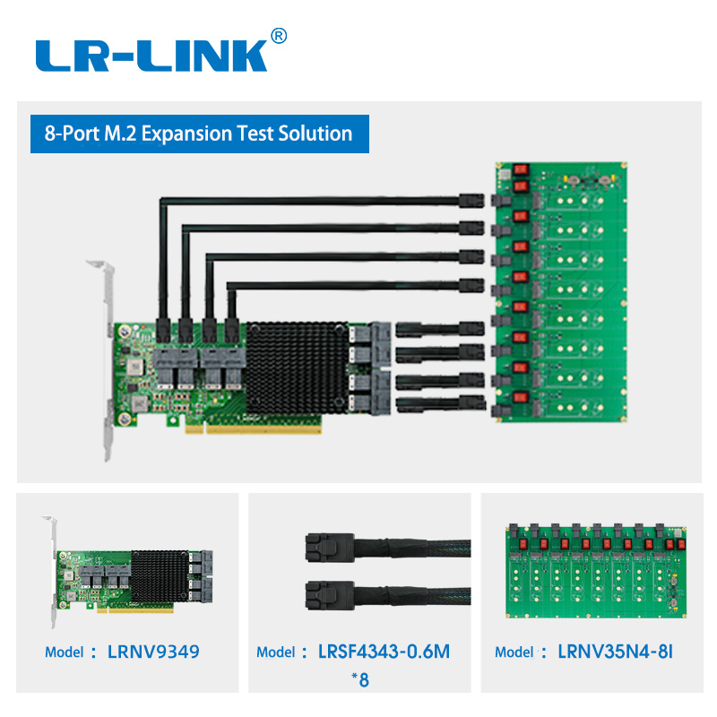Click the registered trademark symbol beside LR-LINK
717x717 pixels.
(279, 36)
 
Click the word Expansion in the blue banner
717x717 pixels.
(187, 134)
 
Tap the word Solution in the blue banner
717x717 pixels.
(315, 133)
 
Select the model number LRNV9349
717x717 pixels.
(153, 652)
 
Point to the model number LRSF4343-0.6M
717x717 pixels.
(384, 652)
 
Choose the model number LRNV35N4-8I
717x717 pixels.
(615, 652)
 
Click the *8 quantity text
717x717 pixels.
(360, 680)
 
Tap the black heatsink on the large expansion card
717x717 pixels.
(298, 367)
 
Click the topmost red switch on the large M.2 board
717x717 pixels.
(521, 169)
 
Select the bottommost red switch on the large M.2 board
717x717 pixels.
(521, 396)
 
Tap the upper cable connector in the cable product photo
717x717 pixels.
(330, 548)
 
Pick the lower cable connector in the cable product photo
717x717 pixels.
(330, 595)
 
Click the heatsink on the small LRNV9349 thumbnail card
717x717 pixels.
(160, 576)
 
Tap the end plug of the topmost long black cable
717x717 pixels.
(471, 201)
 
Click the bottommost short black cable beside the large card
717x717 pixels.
(440, 402)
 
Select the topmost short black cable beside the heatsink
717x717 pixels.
(440, 329)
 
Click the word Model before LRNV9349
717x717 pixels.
(64, 652)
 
